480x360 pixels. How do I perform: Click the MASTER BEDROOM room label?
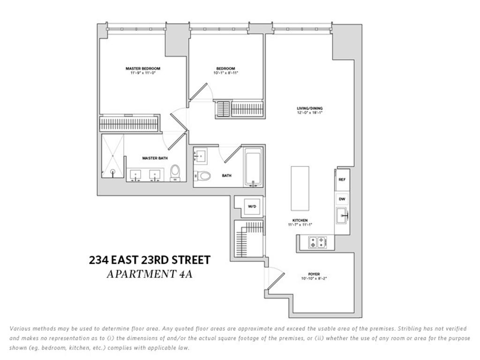pos(142,68)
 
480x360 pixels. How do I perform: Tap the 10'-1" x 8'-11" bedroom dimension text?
pos(223,73)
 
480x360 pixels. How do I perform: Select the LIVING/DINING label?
pos(310,108)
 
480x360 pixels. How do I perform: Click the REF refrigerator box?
pos(342,180)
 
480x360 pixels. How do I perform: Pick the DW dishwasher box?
pos(342,199)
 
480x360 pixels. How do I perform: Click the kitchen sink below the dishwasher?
pos(342,216)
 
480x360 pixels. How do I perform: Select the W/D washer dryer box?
pos(252,206)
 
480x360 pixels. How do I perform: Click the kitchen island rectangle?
pos(300,188)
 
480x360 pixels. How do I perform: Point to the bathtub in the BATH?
pos(254,168)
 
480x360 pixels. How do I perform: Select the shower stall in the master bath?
pos(113,157)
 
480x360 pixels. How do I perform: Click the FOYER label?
pos(314,273)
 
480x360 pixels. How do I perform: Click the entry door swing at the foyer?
pos(275,280)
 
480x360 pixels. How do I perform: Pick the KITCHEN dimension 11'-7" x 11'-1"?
pos(300,225)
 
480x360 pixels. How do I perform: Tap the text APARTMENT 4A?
pos(150,274)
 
